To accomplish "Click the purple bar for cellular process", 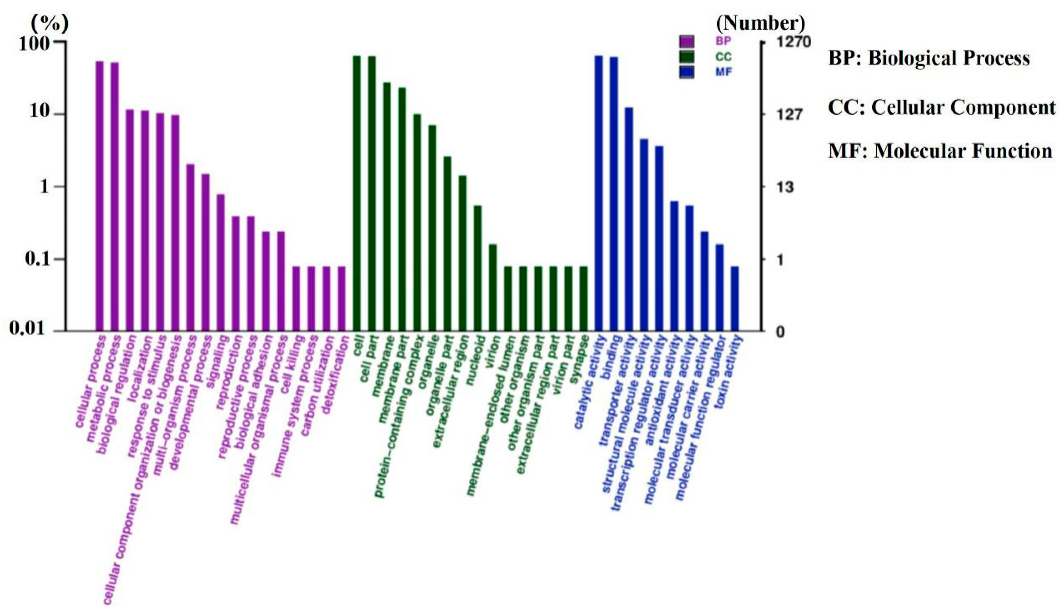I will (100, 196).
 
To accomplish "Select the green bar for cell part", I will (371, 194).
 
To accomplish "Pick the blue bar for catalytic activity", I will (598, 194).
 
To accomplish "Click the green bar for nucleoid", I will (477, 268).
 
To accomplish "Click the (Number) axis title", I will (761, 23).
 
